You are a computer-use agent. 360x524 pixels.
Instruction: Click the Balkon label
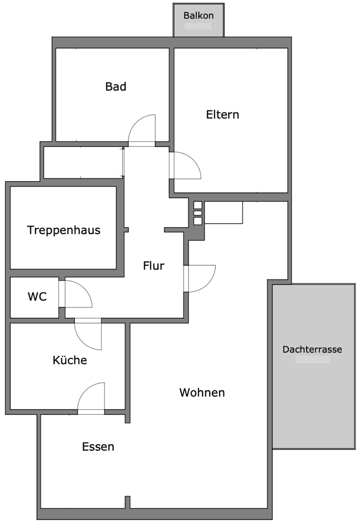(198, 15)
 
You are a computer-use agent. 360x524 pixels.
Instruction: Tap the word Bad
(116, 86)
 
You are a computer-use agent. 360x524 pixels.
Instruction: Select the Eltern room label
(222, 115)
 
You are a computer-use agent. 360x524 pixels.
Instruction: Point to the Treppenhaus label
(64, 230)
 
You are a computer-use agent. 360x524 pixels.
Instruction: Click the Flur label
(154, 266)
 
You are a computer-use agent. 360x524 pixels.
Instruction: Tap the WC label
(37, 297)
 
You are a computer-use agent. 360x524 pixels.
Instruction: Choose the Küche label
(69, 360)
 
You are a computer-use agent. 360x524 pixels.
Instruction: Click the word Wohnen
(202, 392)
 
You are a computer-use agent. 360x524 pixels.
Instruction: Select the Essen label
(98, 447)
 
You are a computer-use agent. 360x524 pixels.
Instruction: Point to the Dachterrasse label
(312, 349)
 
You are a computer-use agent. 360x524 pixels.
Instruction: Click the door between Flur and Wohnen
(200, 278)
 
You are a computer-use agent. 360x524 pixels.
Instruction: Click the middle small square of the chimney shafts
(198, 213)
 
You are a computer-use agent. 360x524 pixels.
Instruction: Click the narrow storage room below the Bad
(82, 162)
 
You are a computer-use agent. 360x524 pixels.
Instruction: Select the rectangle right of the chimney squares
(223, 212)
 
